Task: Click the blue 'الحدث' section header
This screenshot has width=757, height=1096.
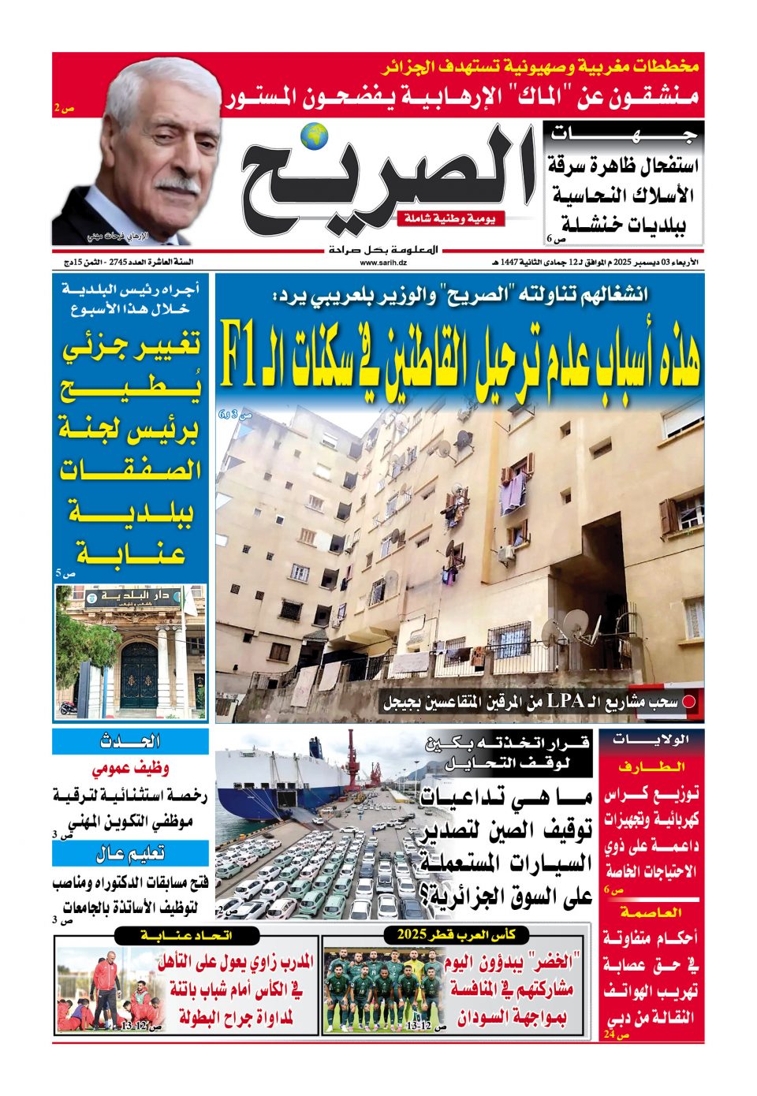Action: pos(130,741)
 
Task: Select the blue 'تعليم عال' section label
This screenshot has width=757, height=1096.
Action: pos(130,853)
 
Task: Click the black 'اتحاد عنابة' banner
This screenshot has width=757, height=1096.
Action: pos(186,935)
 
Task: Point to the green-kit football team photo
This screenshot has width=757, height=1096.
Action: pos(384,990)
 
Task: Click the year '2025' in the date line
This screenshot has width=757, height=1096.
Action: pos(608,263)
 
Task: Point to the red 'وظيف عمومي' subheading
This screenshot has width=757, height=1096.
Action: pos(130,768)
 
